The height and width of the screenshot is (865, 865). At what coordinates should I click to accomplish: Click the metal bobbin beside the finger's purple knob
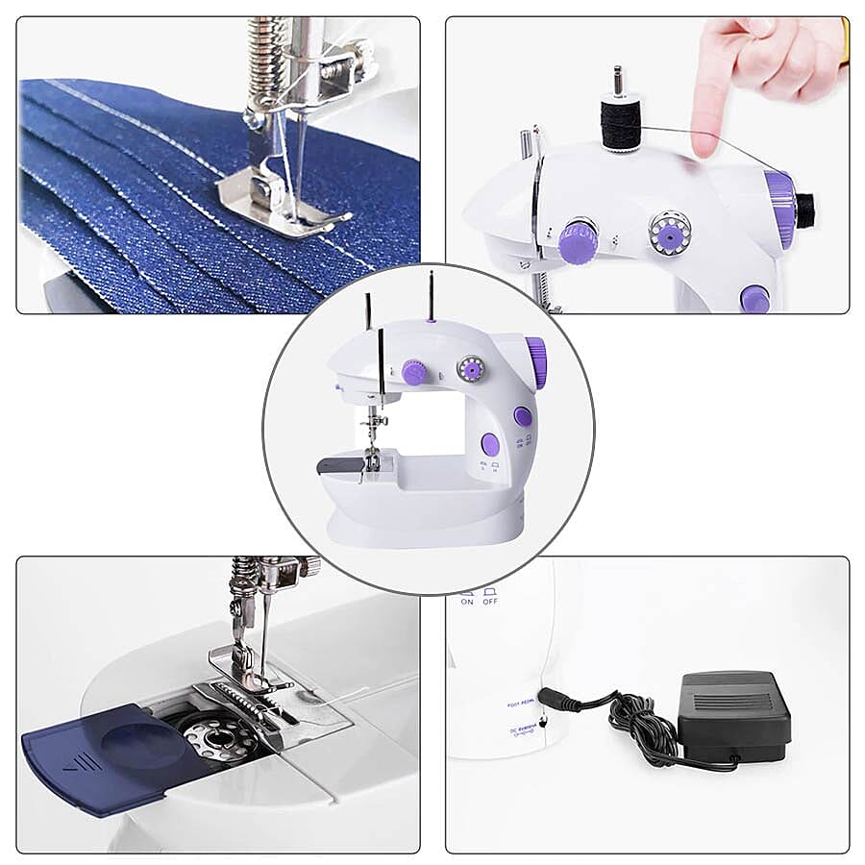(x=670, y=233)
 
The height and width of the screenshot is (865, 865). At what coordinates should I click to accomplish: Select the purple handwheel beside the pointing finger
(x=780, y=207)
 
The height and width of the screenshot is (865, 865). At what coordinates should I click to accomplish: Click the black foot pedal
(x=734, y=711)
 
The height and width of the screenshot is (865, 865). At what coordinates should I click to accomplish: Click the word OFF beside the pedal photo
(x=490, y=602)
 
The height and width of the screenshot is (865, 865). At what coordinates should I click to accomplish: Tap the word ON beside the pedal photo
(x=467, y=602)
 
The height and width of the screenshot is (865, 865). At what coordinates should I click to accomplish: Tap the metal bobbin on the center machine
(x=471, y=368)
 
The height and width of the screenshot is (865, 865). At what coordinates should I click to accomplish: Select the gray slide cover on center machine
(x=341, y=465)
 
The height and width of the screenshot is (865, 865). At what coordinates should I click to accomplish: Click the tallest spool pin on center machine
(x=431, y=294)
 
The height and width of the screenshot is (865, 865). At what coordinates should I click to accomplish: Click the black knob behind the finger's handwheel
(x=805, y=206)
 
